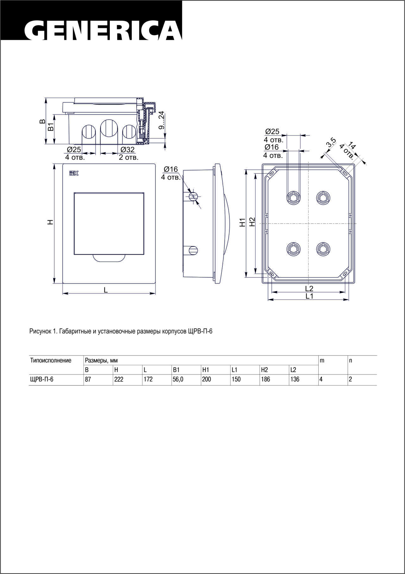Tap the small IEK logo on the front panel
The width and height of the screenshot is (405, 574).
point(74,173)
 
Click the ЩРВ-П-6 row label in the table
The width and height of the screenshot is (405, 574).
point(41,380)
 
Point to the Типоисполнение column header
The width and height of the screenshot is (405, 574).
point(51,361)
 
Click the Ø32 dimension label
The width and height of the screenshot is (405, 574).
point(128,150)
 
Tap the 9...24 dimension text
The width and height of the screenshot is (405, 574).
point(161,120)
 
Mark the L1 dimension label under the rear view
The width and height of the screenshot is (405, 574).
point(309,296)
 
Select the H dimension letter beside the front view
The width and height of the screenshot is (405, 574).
point(50,222)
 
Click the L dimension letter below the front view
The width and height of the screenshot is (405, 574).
point(106,290)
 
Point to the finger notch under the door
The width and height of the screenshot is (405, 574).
point(109,258)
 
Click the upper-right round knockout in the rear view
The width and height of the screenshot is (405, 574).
point(323,198)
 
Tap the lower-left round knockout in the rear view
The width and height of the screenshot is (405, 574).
point(294,249)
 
